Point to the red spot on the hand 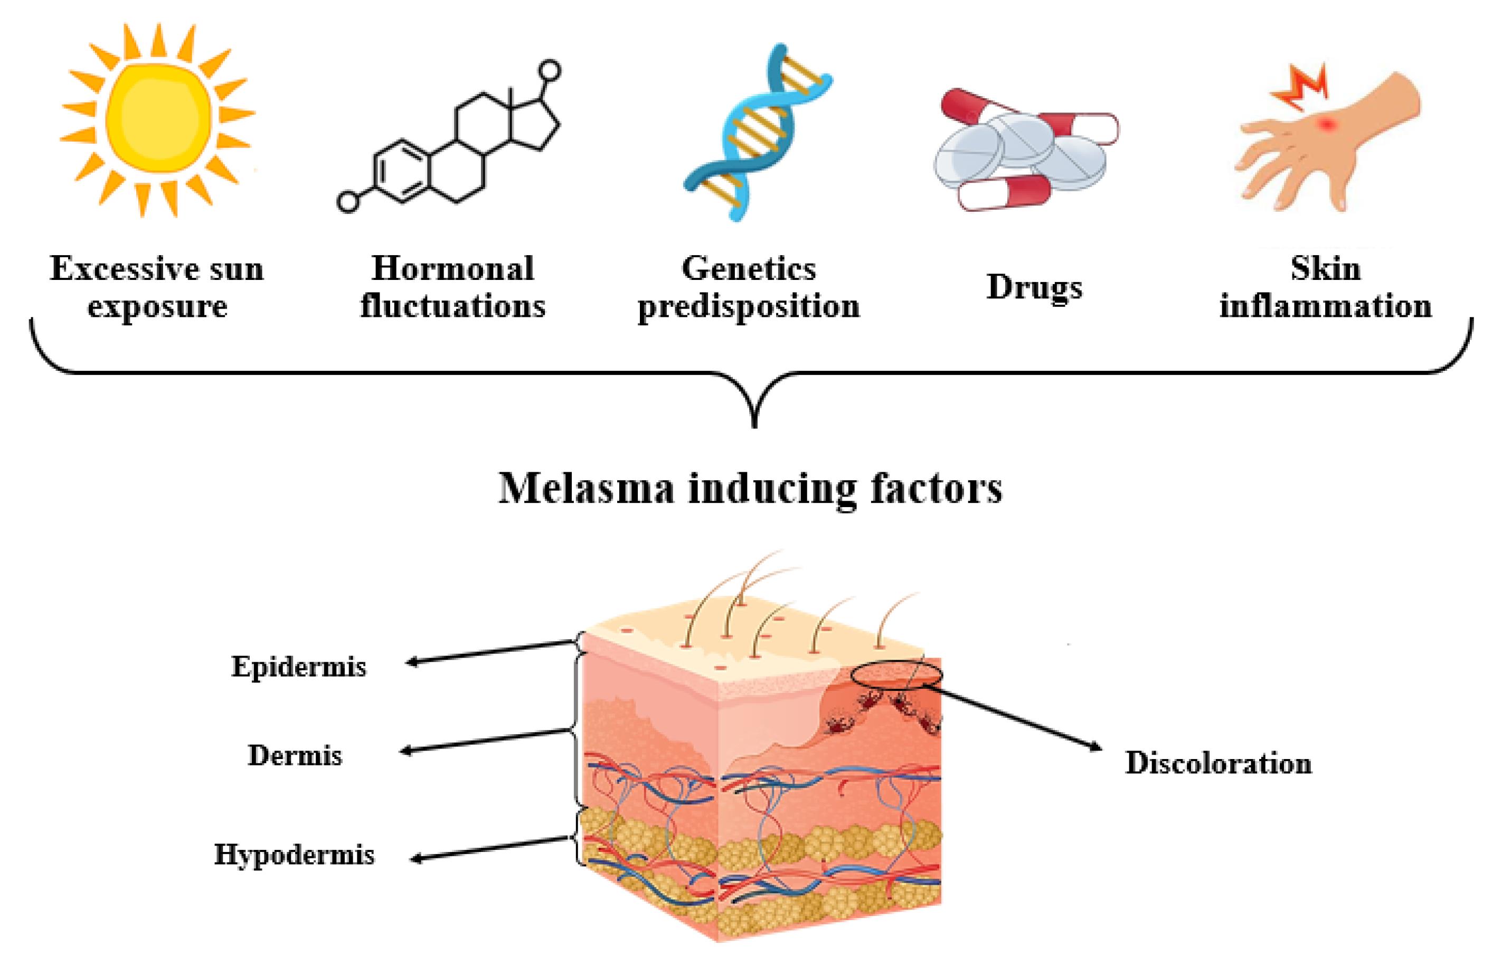[x=1325, y=142]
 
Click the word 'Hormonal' [x=452, y=269]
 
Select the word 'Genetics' [x=749, y=269]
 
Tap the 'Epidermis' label [x=299, y=666]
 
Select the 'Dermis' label [x=295, y=755]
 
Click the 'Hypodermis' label [x=294, y=855]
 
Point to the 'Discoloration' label [x=1218, y=763]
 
